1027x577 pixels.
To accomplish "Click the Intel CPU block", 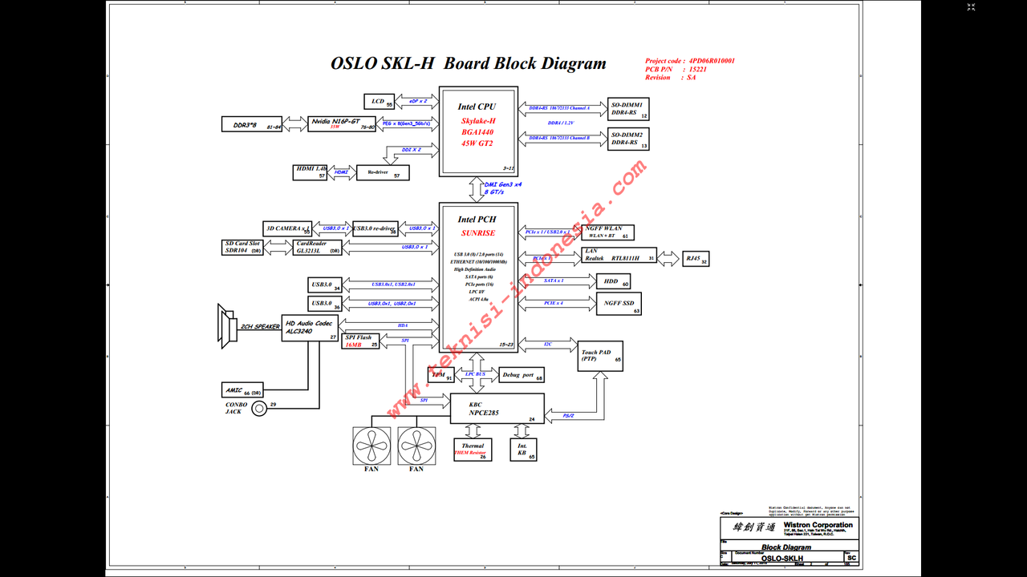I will tap(478, 131).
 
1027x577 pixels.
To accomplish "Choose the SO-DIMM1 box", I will tap(628, 109).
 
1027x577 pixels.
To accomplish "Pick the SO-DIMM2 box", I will tap(628, 139).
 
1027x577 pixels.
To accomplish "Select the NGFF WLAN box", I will tap(608, 232).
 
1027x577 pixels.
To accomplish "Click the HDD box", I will tap(612, 280).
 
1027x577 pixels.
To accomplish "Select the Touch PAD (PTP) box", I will tap(601, 355).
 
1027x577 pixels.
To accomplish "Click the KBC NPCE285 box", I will tap(497, 410).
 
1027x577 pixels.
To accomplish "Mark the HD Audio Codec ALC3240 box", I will tap(311, 328).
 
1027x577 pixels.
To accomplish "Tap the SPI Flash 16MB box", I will tap(361, 341).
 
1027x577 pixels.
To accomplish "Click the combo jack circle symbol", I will tap(259, 409).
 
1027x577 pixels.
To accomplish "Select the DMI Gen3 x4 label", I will tap(503, 188).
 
